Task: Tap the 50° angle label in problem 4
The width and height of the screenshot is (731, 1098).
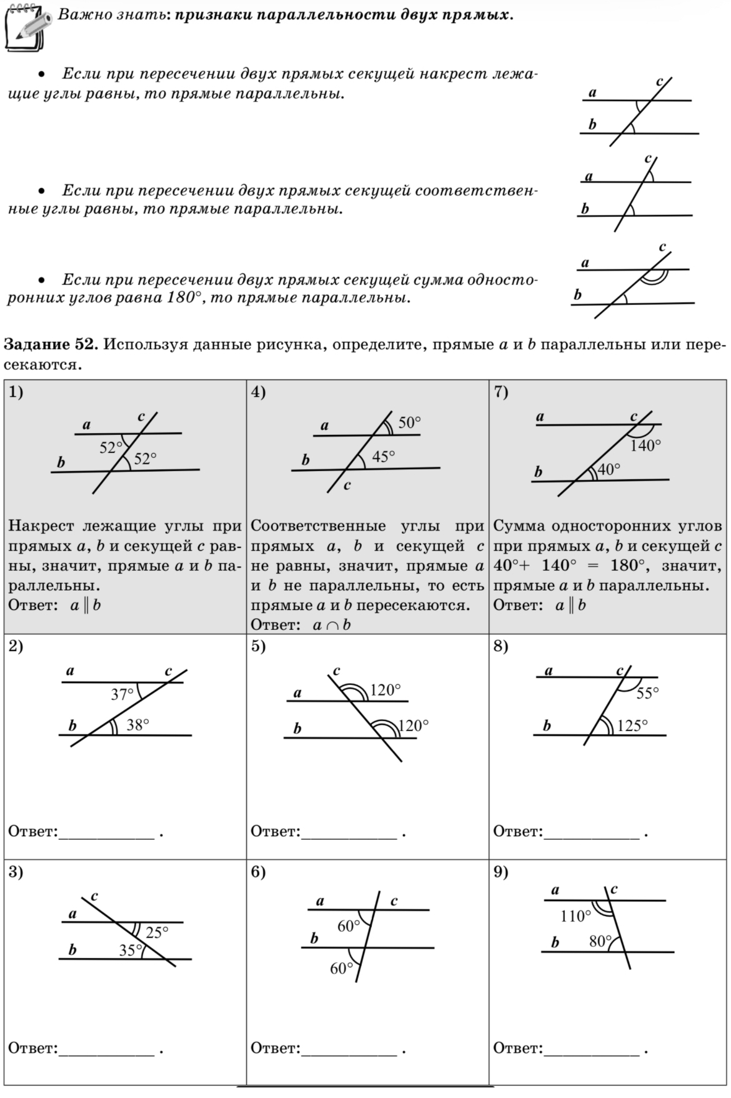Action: (x=410, y=422)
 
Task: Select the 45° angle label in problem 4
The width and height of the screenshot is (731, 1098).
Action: (x=383, y=457)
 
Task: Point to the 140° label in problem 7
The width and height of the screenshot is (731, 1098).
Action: (x=645, y=446)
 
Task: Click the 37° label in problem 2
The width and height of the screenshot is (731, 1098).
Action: (x=122, y=694)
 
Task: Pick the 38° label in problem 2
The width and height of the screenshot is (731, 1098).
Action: (x=138, y=725)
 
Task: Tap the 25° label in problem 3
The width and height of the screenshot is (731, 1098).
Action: (x=157, y=933)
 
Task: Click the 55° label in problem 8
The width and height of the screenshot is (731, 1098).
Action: (x=648, y=693)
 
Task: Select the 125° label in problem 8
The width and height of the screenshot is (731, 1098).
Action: (x=632, y=726)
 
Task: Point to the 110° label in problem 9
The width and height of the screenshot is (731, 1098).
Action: (x=575, y=917)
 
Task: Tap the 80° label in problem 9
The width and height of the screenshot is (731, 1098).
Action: (x=600, y=942)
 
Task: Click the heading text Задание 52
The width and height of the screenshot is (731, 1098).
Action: (x=51, y=345)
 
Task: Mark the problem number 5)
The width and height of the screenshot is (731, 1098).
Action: (x=259, y=646)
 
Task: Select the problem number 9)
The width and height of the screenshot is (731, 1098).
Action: (x=501, y=872)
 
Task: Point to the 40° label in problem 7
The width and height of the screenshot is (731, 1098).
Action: (x=609, y=469)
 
